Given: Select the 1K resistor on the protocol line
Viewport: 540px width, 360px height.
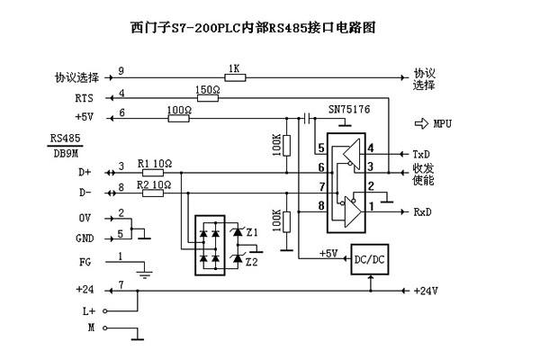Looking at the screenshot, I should [x=235, y=78].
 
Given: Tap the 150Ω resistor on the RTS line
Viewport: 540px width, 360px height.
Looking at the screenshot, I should [x=207, y=96].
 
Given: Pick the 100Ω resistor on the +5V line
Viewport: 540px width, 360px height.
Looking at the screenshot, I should [x=180, y=115].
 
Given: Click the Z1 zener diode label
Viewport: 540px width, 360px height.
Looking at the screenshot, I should [x=252, y=232].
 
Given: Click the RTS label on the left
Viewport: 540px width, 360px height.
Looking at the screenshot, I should [x=83, y=96].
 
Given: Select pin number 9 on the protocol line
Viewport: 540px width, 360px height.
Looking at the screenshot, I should [x=121, y=71].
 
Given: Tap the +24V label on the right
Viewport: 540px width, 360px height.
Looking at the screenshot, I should [x=425, y=291].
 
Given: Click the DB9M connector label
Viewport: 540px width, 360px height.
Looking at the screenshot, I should [x=65, y=151].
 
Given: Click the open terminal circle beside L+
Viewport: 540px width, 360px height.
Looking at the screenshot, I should [x=105, y=310].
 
